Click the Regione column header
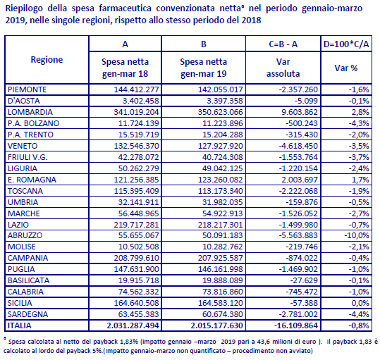click(x=47, y=60)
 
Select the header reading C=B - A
click(x=283, y=44)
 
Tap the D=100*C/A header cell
click(x=346, y=44)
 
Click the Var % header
click(x=346, y=68)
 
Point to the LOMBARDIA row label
click(x=30, y=112)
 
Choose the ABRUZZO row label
click(x=25, y=235)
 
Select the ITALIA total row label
click(x=20, y=325)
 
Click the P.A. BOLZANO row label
click(x=33, y=123)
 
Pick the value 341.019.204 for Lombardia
click(x=137, y=112)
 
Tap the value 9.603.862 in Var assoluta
click(x=300, y=112)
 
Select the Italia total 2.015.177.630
click(x=216, y=325)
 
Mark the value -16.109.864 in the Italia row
click(x=296, y=325)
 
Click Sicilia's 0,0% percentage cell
click(x=361, y=303)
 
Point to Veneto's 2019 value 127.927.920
click(x=220, y=146)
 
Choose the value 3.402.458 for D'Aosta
click(x=141, y=101)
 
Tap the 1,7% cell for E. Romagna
click(x=361, y=180)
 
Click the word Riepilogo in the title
click(x=24, y=8)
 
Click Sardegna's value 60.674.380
click(x=223, y=314)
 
